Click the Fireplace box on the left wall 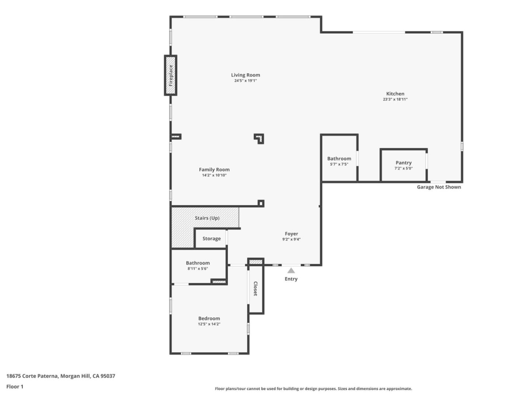tap(170, 75)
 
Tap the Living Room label tap(245, 75)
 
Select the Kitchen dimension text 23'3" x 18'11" tap(395, 99)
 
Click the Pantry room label tap(404, 163)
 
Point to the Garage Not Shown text tap(439, 187)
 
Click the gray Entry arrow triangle tap(291, 270)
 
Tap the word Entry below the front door tap(291, 279)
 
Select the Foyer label tap(291, 234)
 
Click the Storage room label tap(211, 238)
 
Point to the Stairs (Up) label tap(207, 218)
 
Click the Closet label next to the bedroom tap(256, 289)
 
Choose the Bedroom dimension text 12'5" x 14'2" tap(209, 324)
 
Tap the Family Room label tap(214, 170)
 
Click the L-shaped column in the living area tap(260, 138)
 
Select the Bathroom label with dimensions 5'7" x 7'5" tap(339, 158)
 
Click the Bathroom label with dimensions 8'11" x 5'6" tap(198, 263)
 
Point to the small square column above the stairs tap(261, 203)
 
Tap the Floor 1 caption tap(15, 387)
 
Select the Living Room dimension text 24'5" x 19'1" tap(245, 80)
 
